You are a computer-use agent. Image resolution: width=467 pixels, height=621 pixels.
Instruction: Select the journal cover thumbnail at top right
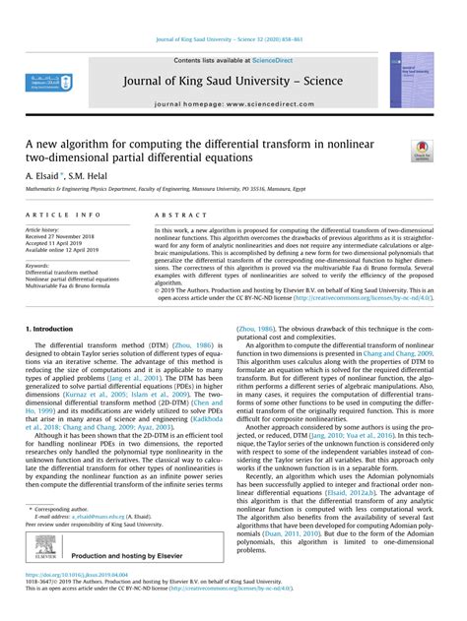coord(410,80)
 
